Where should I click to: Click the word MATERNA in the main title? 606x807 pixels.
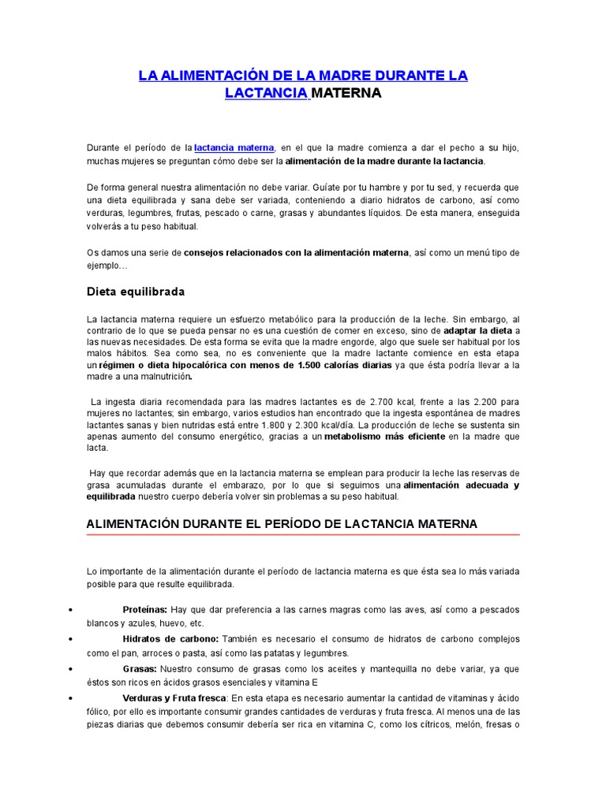pos(346,94)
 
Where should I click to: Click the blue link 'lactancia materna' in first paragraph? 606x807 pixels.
pos(234,147)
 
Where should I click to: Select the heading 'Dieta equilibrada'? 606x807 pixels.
pos(135,292)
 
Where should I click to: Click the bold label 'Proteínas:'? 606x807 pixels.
pos(144,610)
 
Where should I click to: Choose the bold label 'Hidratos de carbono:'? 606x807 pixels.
pos(171,639)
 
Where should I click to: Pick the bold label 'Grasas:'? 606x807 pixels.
pos(140,669)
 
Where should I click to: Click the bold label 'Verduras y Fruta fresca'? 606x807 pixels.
pos(174,698)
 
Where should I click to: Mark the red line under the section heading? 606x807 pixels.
pos(303,535)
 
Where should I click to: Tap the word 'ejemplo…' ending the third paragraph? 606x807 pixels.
pos(106,266)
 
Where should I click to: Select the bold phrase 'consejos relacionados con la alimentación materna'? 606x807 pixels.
pos(297,253)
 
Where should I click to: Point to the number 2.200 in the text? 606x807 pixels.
pos(490,402)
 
